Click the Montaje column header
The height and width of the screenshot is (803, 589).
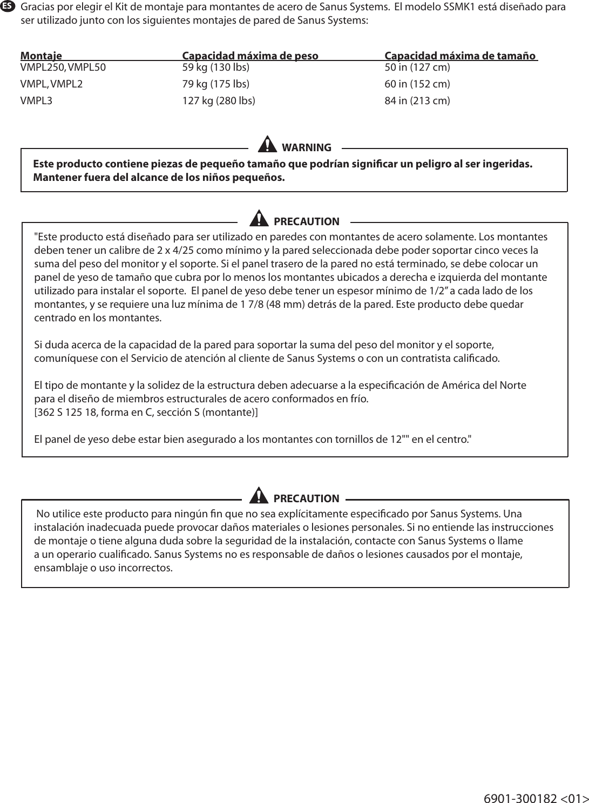point(41,56)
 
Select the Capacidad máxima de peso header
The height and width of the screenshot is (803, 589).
point(250,56)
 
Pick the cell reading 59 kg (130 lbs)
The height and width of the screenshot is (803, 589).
point(216,68)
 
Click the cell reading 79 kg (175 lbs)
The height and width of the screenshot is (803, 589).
point(216,84)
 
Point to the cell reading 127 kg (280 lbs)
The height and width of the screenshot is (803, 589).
point(219,101)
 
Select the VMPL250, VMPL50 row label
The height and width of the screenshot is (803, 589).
point(63,68)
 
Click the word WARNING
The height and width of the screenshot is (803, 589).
point(306,147)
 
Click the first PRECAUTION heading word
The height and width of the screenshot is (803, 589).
point(306,221)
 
